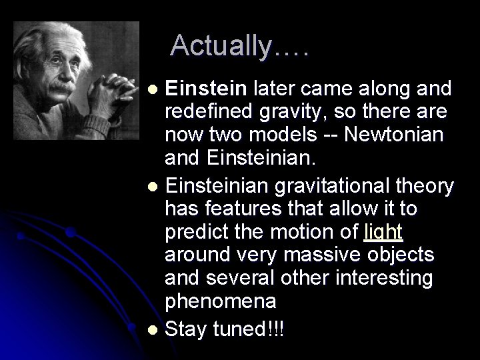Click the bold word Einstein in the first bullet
pos(207,88)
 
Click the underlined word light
pos(384,233)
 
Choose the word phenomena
pos(220,301)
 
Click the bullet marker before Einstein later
pos(153,89)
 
